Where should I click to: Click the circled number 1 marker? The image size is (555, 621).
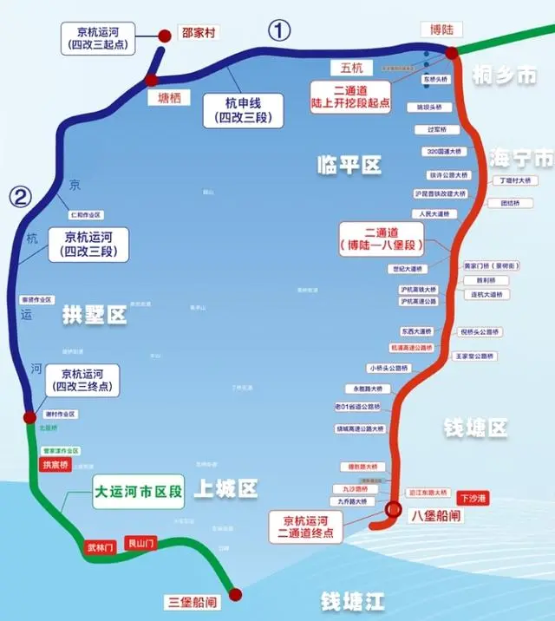pos(277,31)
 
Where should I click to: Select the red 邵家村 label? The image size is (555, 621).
pos(198,35)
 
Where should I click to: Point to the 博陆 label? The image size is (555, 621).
pos(441,29)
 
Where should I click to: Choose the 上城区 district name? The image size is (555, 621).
pos(225,489)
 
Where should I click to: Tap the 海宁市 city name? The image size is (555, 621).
pos(520,158)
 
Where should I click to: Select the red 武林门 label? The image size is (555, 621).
pos(100,547)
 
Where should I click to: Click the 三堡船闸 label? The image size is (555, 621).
pos(192,601)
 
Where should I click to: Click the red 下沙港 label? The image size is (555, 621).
pos(474,498)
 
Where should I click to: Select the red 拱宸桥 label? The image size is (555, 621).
pos(54,465)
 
